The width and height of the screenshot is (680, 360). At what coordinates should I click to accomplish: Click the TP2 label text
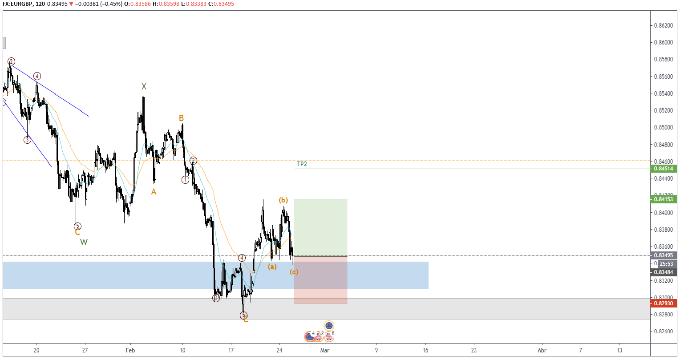click(x=302, y=164)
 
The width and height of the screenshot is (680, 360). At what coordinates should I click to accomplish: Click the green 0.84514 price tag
click(x=664, y=169)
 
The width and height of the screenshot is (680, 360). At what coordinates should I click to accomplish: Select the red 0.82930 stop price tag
click(x=664, y=303)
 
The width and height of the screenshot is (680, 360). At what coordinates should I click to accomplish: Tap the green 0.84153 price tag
click(x=664, y=199)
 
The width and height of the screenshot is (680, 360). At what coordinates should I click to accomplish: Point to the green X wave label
click(x=144, y=86)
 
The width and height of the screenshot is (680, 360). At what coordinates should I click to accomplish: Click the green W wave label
click(x=84, y=242)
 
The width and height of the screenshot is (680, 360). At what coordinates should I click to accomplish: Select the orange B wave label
click(x=181, y=118)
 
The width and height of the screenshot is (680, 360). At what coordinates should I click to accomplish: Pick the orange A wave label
click(x=154, y=192)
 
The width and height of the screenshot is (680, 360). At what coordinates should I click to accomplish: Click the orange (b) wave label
click(x=283, y=200)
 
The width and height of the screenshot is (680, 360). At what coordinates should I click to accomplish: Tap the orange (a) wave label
click(x=272, y=267)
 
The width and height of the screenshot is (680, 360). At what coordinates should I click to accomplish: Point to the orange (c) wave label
click(x=294, y=271)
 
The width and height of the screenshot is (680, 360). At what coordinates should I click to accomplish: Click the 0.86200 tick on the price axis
click(x=663, y=25)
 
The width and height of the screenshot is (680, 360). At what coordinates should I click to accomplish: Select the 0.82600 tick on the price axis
click(x=663, y=332)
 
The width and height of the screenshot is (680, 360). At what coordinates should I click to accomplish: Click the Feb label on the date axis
click(x=130, y=350)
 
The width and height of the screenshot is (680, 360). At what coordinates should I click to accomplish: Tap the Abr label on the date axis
click(x=542, y=350)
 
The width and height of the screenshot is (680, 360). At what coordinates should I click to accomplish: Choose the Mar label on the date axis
click(x=325, y=350)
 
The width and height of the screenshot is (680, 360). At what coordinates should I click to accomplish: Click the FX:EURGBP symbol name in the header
click(x=18, y=4)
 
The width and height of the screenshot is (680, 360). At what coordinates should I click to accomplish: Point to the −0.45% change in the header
click(x=112, y=4)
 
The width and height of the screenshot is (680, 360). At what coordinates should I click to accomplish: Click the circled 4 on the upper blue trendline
click(x=37, y=76)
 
